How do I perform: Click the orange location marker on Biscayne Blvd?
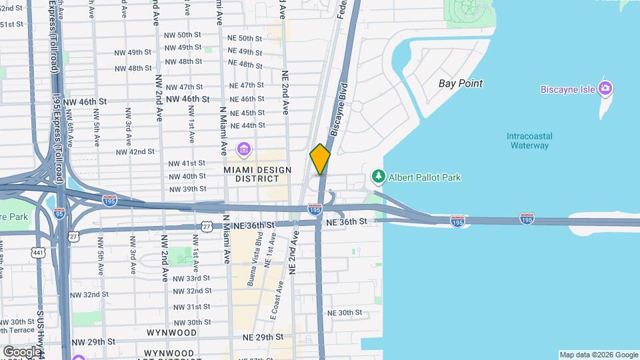coord(320,159)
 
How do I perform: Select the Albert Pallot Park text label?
coord(425,177)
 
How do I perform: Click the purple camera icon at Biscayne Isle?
coord(605,89)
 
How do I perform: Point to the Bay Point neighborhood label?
coord(461,83)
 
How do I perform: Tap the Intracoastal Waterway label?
coord(530,141)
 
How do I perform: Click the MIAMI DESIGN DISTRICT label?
coord(251,174)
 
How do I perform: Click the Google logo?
coord(22,351)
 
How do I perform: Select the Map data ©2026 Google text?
coord(598,355)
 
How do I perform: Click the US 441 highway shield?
coord(38,253)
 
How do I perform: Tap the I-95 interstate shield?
coord(60,213)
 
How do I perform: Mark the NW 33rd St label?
coord(191,278)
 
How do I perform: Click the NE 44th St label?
coord(247,125)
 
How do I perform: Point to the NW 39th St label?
coord(187,189)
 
